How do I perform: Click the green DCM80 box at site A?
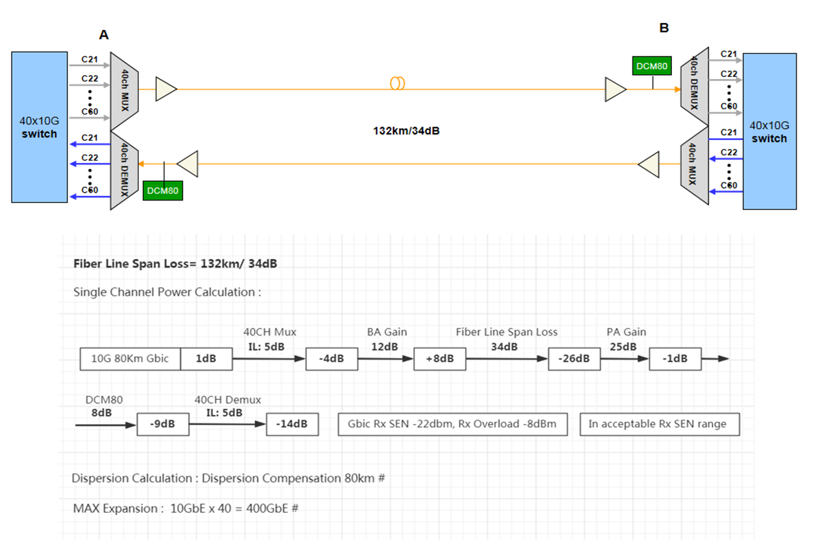[x=163, y=191]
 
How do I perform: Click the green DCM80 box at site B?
[x=652, y=66]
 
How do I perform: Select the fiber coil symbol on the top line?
[x=398, y=83]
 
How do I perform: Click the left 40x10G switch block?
[x=39, y=127]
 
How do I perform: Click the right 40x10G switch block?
[x=769, y=131]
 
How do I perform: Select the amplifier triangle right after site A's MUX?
[x=166, y=89]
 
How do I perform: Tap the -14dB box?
[x=292, y=424]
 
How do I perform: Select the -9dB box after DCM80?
[x=163, y=424]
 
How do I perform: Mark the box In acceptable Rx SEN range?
[x=658, y=424]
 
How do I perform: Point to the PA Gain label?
[x=626, y=332]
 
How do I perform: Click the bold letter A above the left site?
[x=103, y=35]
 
